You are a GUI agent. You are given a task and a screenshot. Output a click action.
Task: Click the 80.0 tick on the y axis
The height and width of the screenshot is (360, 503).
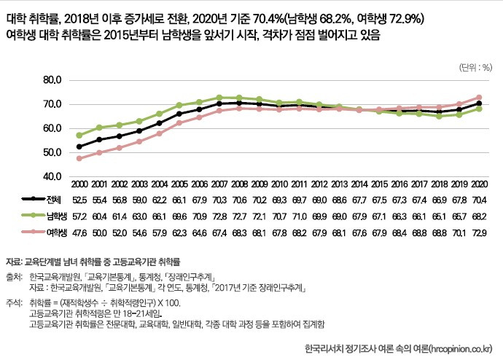coord(55,79)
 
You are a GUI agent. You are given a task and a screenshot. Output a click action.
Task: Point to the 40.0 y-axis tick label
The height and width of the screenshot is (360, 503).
coord(55,176)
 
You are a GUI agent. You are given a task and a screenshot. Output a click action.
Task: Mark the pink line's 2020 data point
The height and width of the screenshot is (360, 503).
coord(478,97)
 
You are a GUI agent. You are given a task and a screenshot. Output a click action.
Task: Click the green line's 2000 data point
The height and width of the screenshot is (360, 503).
coord(79,135)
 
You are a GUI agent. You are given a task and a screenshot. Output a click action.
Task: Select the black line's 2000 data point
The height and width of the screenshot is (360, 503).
coord(79,146)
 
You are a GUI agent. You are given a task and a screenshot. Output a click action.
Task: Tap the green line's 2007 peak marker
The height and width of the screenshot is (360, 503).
coord(219,97)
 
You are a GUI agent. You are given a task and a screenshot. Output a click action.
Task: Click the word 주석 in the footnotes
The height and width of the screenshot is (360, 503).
coord(14,301)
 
